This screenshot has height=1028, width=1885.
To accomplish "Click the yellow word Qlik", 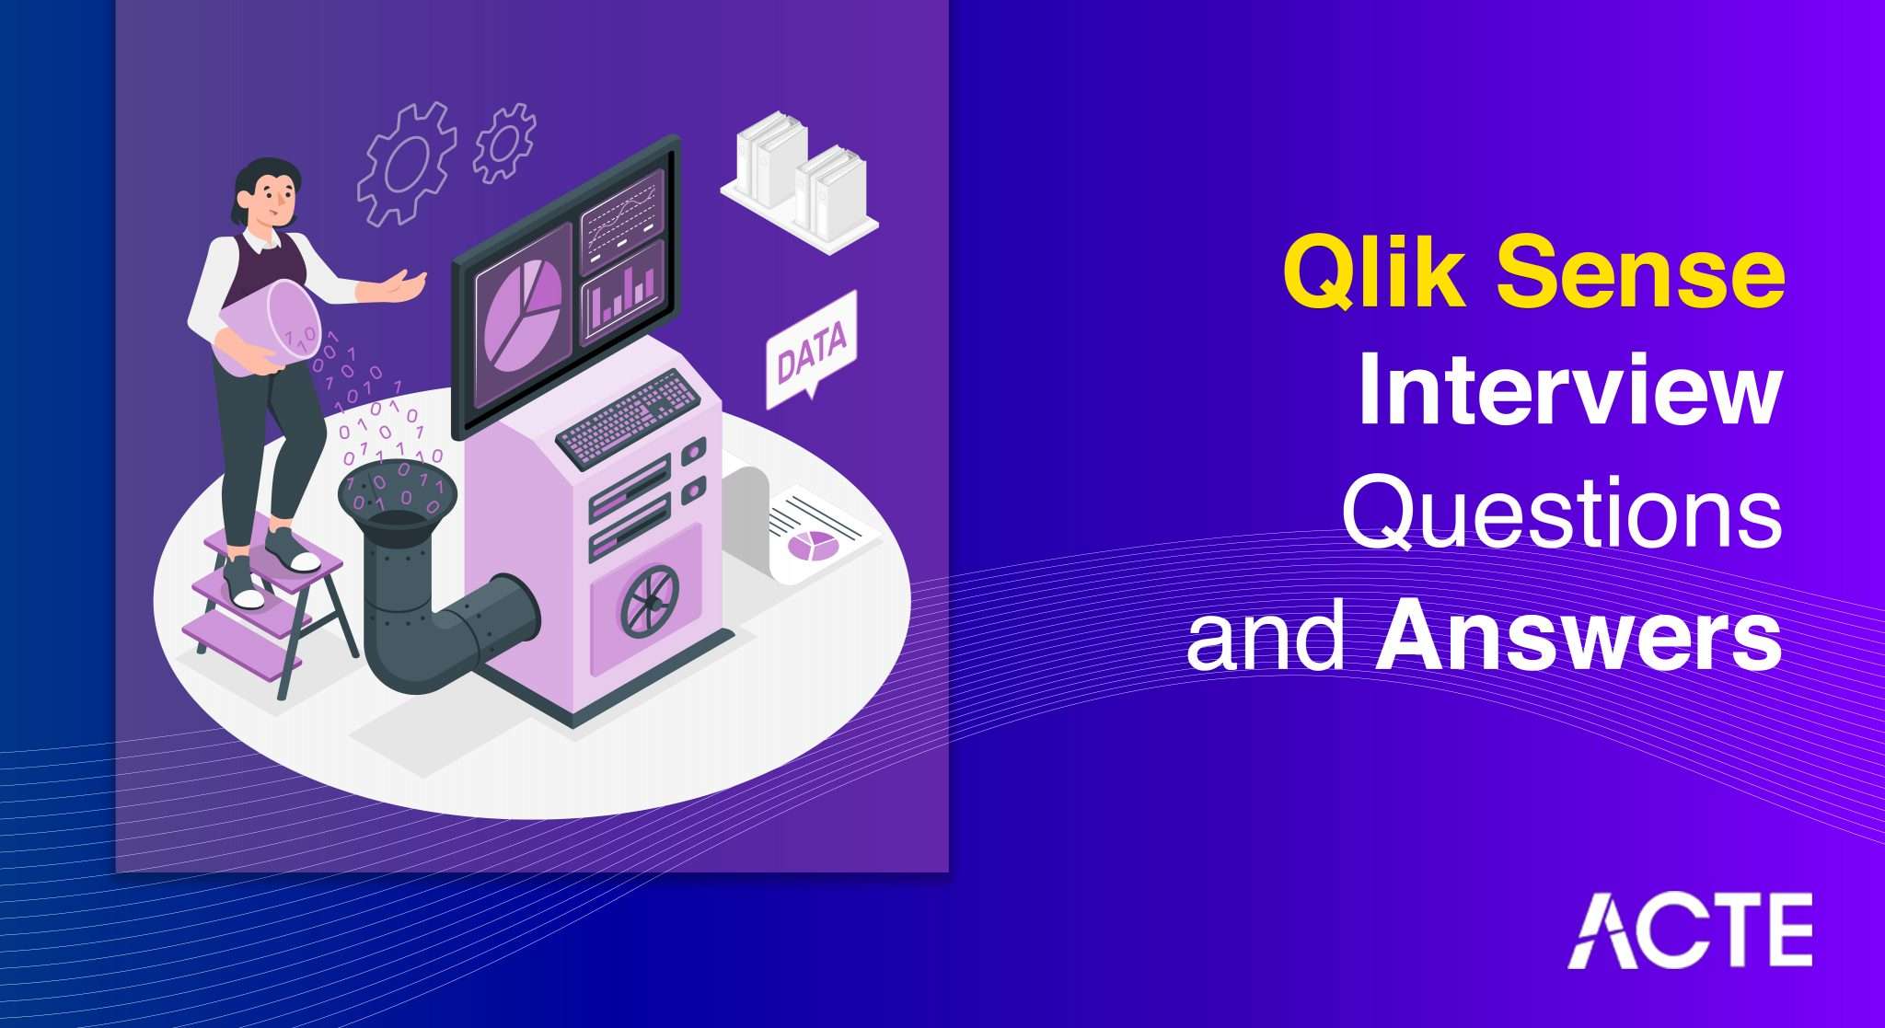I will click(x=1373, y=274).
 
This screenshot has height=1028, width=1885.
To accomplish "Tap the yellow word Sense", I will click(x=1639, y=274).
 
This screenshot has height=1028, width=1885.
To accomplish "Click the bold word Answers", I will click(x=1578, y=637).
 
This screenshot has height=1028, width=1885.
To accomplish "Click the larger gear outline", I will click(x=406, y=164).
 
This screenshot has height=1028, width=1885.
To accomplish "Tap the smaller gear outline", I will click(x=504, y=143).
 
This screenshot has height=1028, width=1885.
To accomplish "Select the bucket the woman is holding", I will click(x=269, y=326).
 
